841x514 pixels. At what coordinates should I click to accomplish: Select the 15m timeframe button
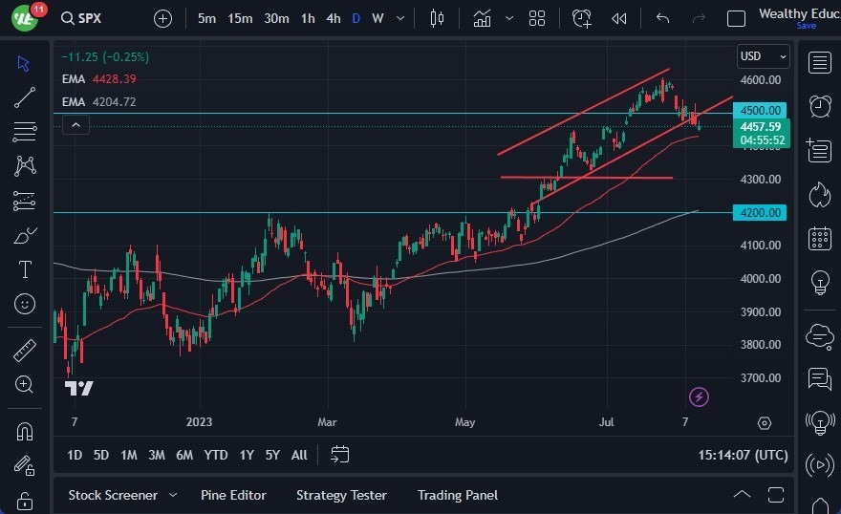pyautogui.click(x=240, y=18)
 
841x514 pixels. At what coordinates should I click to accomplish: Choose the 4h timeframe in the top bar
pyautogui.click(x=333, y=18)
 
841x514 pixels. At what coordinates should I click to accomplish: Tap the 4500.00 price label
pyautogui.click(x=762, y=111)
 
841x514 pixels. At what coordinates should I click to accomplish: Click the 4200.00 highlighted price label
pyautogui.click(x=762, y=212)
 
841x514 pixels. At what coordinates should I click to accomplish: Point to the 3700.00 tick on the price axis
pyautogui.click(x=761, y=377)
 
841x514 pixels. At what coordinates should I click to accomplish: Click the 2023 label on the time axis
pyautogui.click(x=200, y=421)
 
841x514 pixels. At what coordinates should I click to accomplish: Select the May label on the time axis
pyautogui.click(x=464, y=421)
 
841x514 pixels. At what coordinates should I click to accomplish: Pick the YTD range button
pyautogui.click(x=215, y=455)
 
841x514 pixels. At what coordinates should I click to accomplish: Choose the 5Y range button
pyautogui.click(x=272, y=455)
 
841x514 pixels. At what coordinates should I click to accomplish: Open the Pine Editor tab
pyautogui.click(x=233, y=495)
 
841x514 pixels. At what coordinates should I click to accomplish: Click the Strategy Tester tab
pyautogui.click(x=341, y=495)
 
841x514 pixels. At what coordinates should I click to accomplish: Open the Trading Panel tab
pyautogui.click(x=457, y=495)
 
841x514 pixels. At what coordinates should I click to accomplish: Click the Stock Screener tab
pyautogui.click(x=113, y=495)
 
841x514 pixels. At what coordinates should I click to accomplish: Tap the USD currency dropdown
pyautogui.click(x=762, y=56)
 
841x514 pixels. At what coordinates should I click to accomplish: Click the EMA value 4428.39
pyautogui.click(x=115, y=79)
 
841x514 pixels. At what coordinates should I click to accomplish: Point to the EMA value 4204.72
pyautogui.click(x=115, y=101)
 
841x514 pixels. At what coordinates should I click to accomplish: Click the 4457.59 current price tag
pyautogui.click(x=761, y=126)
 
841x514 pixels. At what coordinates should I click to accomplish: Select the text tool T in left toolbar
pyautogui.click(x=25, y=269)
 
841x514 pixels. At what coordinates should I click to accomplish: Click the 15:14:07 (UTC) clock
pyautogui.click(x=743, y=455)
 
